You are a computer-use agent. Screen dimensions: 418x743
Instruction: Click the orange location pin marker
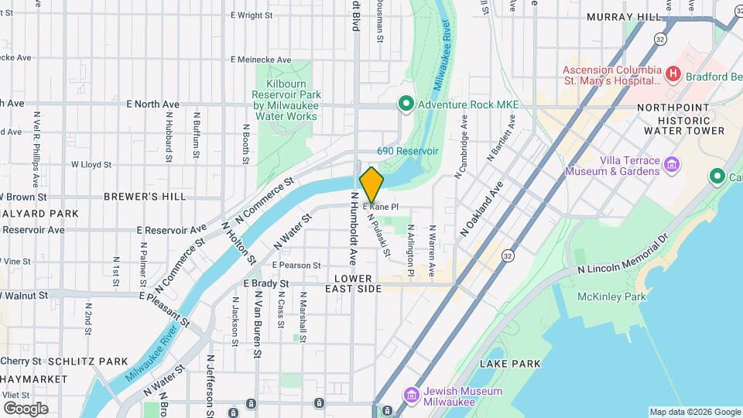coord(371,183)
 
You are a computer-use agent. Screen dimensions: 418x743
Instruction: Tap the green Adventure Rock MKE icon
coord(404,104)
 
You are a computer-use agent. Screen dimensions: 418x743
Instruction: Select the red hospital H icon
coord(673,74)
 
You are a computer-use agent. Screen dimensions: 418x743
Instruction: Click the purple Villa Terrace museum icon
coord(672,164)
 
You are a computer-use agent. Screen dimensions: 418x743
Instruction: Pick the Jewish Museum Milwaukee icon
coord(411,396)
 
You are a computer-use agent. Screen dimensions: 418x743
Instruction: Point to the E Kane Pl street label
coord(380,207)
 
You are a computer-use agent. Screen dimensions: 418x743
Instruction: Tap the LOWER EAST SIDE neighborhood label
coord(358,283)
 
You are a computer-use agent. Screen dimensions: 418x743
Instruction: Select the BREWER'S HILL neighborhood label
coord(145,197)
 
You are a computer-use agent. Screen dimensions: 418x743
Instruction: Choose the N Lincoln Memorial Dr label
coord(622,256)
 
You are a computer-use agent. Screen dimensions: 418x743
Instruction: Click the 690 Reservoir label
coord(408,151)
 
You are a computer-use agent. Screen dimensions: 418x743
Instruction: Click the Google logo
coord(26,408)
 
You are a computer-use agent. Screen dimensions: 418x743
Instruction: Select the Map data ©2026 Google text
coord(694,412)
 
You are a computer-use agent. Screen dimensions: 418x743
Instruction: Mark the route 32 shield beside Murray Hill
coord(659,37)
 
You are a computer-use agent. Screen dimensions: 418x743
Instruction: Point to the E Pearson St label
coord(295,266)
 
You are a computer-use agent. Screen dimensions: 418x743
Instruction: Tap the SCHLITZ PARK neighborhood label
coord(87,361)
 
